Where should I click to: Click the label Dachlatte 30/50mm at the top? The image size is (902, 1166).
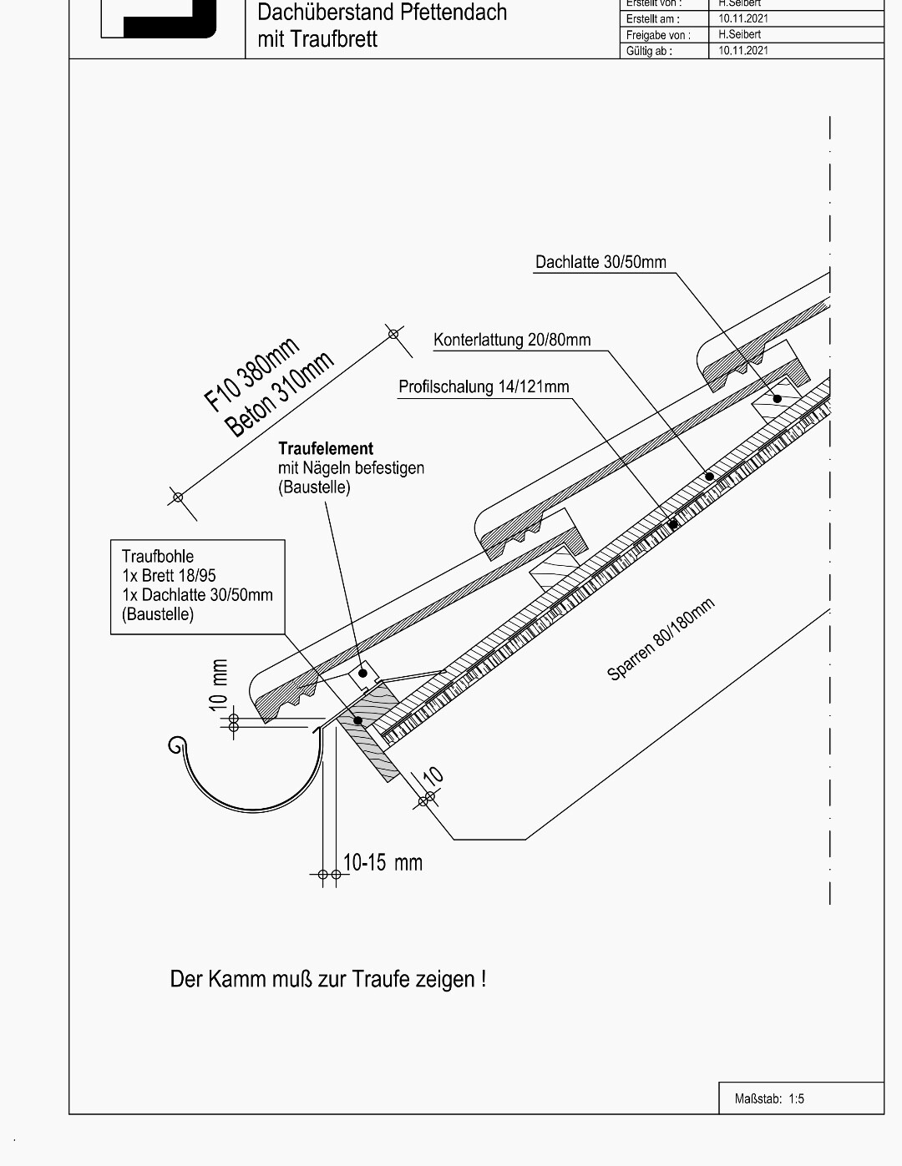(600, 262)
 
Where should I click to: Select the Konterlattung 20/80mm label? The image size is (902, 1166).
(511, 340)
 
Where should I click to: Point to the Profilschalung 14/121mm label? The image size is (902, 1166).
(484, 386)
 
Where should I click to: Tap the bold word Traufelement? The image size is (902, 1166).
(326, 448)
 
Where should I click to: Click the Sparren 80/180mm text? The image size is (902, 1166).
(661, 640)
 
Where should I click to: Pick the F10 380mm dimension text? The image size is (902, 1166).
(251, 375)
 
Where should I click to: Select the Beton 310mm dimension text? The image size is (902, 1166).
(280, 395)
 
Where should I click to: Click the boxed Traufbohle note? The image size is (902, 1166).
(197, 586)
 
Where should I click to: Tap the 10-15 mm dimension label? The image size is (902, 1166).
(383, 862)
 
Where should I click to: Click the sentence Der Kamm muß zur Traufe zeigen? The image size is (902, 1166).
(327, 978)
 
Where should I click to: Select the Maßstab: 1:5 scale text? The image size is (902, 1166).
(769, 1098)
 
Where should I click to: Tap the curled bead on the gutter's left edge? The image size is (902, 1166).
(176, 745)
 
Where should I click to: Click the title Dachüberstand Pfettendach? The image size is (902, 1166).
(382, 13)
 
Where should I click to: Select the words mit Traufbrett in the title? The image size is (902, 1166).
(317, 39)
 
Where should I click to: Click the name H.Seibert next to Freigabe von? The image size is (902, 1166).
(739, 34)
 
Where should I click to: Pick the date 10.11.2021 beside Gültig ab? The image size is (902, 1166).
(743, 50)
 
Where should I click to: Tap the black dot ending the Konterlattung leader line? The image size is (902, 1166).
(710, 477)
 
